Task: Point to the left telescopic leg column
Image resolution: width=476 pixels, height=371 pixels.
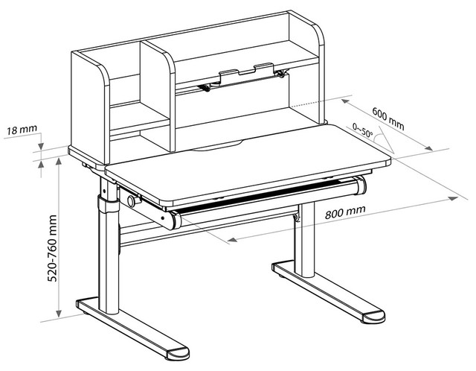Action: pyautogui.click(x=109, y=246)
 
